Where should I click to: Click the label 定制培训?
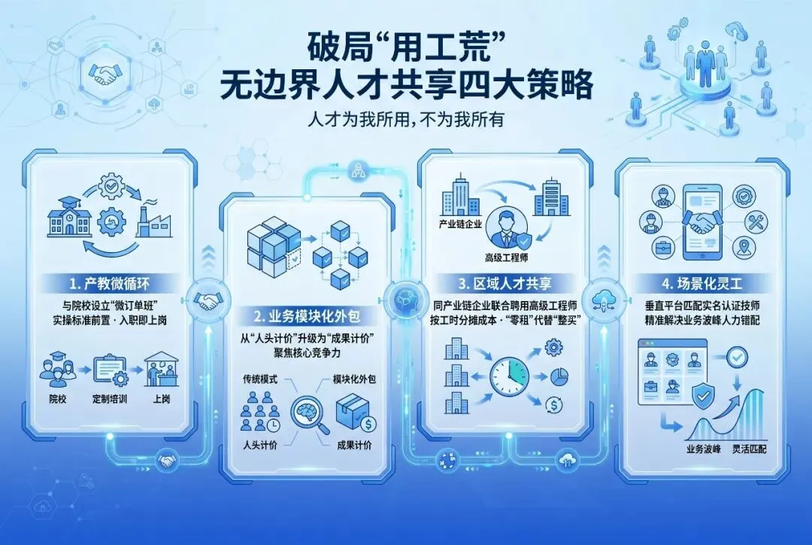tap(110, 398)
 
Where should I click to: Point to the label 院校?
tap(57, 398)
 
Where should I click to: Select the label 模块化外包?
tap(354, 379)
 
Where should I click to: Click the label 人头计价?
tap(259, 444)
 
